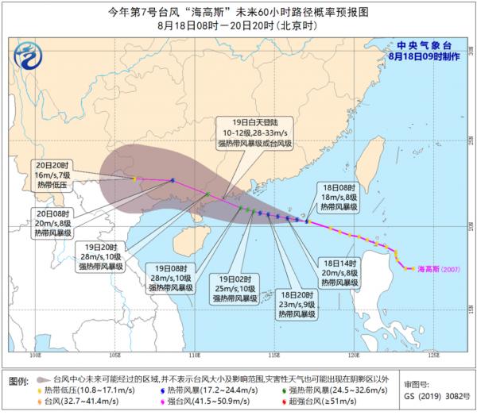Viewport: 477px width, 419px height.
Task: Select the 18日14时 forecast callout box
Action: [x=341, y=271]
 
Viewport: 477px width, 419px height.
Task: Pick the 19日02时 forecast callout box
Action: [x=238, y=286]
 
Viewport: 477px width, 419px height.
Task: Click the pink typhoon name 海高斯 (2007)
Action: [x=438, y=269]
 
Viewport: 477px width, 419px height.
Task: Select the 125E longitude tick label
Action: [x=432, y=356]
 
